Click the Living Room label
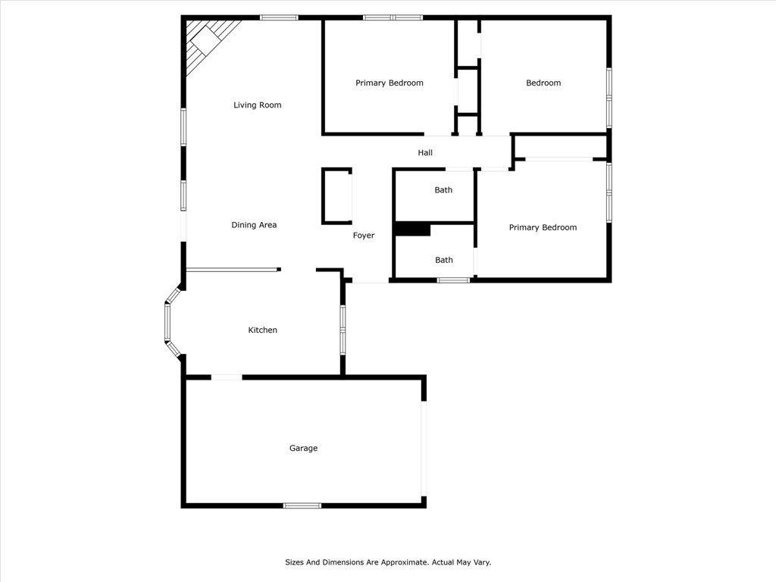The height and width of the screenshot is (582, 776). click(x=257, y=105)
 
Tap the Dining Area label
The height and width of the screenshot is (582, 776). click(x=254, y=225)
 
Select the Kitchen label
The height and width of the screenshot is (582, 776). click(x=263, y=330)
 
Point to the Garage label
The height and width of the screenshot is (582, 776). click(x=303, y=449)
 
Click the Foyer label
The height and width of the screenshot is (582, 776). click(x=364, y=236)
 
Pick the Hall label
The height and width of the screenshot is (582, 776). click(x=425, y=153)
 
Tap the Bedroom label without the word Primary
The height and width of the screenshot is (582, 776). click(x=543, y=83)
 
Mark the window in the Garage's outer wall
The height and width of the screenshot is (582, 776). click(x=302, y=505)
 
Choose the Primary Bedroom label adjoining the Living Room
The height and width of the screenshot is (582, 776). click(x=390, y=83)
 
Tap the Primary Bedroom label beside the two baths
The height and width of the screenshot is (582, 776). click(x=543, y=228)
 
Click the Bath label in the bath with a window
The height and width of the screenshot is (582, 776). click(x=444, y=261)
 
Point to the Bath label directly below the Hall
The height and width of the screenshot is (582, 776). click(x=443, y=190)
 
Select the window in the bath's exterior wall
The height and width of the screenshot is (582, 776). click(x=453, y=280)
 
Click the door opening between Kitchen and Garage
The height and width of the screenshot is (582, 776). click(x=227, y=377)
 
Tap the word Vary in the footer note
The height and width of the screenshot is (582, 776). click(x=482, y=562)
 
